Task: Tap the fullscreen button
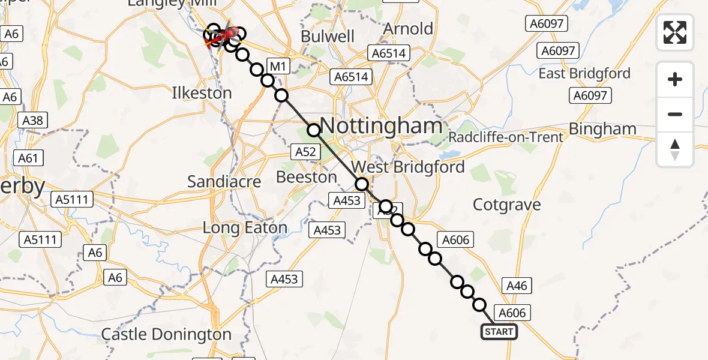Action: (x=675, y=32)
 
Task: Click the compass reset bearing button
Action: (x=675, y=149)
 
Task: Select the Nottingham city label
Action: (x=382, y=126)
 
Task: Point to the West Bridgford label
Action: (x=408, y=167)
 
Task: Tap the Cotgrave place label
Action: (x=507, y=205)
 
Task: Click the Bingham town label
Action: (x=602, y=128)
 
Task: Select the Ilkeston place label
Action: (x=202, y=93)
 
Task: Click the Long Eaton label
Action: (x=245, y=228)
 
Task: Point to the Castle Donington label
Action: (x=166, y=334)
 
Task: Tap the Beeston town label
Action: (x=307, y=177)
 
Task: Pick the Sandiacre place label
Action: (x=224, y=181)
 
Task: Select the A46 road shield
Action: (x=517, y=286)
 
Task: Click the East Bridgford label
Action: (x=584, y=73)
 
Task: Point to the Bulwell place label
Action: (x=328, y=36)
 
